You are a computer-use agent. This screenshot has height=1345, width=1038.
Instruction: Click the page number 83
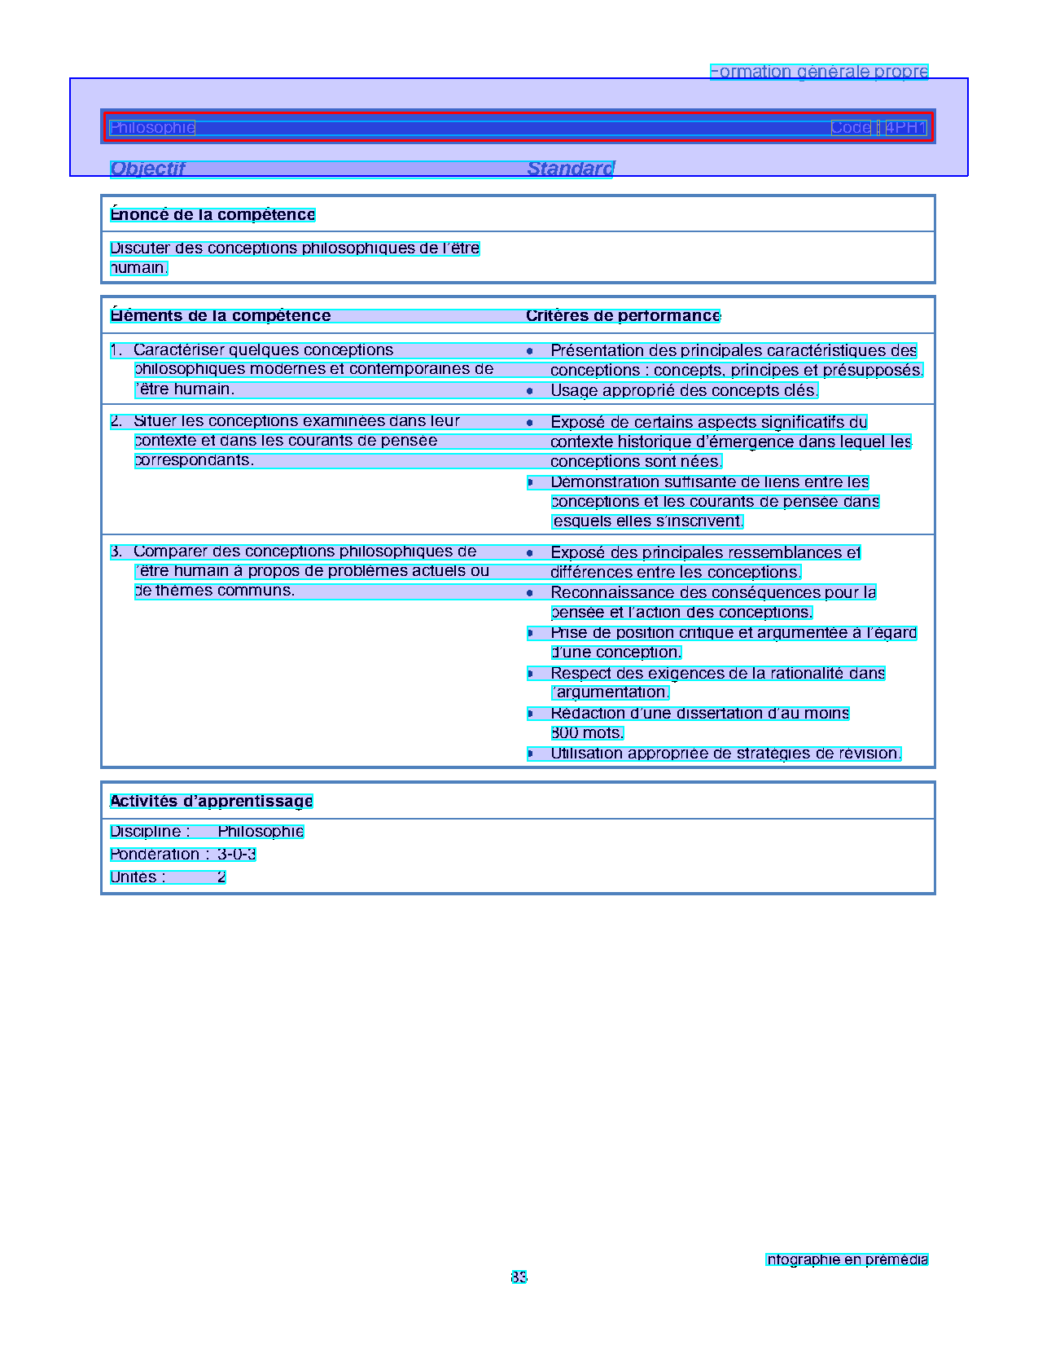[x=519, y=1277]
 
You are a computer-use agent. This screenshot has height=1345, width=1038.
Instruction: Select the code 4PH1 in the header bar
[x=906, y=127]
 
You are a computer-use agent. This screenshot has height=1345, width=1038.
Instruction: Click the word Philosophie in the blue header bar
[x=152, y=127]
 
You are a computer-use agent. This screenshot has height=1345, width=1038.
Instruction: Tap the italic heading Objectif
[x=147, y=169]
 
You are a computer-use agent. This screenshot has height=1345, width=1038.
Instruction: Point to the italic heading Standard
[x=570, y=169]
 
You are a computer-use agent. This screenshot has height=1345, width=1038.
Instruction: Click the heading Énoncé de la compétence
[x=212, y=214]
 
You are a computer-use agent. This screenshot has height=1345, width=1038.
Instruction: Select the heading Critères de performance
[x=623, y=315]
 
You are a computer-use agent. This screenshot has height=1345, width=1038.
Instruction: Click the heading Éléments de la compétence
[x=221, y=315]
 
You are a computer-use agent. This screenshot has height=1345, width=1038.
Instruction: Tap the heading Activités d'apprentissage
[x=212, y=801]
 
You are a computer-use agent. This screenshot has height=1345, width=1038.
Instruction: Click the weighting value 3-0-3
[x=237, y=854]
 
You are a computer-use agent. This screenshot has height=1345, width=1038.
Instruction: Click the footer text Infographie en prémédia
[x=847, y=1259]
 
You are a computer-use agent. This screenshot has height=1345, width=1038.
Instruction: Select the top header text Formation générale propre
[x=819, y=72]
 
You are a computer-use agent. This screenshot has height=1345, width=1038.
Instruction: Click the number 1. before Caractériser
[x=116, y=350]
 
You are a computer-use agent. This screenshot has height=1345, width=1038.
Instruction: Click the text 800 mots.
[x=587, y=732]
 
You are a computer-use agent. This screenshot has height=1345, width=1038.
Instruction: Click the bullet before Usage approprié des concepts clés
[x=530, y=391]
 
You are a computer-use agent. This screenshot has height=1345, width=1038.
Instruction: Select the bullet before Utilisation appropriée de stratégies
[x=530, y=754]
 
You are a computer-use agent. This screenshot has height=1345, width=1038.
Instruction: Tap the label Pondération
[x=155, y=854]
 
